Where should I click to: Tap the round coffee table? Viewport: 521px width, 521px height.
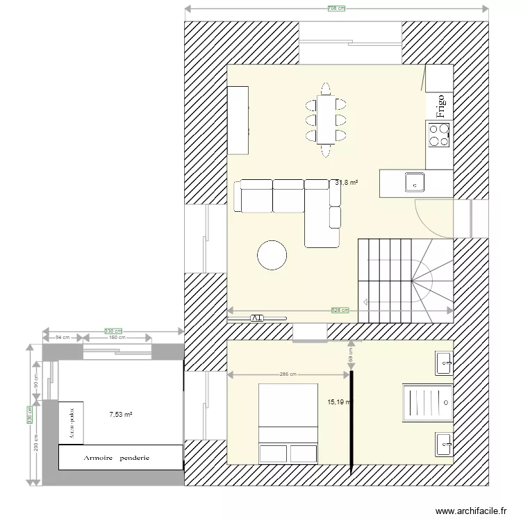pos(272,255)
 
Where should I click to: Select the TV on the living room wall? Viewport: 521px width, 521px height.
pos(256,317)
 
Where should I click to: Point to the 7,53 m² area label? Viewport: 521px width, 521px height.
pos(121,415)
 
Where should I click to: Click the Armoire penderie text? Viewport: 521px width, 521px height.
pos(117,458)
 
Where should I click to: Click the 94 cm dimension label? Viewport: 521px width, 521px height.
pos(63,338)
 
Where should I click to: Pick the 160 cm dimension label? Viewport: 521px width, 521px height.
pos(117,338)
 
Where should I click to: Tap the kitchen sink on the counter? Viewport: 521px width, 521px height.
pos(415,181)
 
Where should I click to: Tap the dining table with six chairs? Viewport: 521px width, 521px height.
pos(325,119)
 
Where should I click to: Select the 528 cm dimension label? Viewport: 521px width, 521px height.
pos(340,311)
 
